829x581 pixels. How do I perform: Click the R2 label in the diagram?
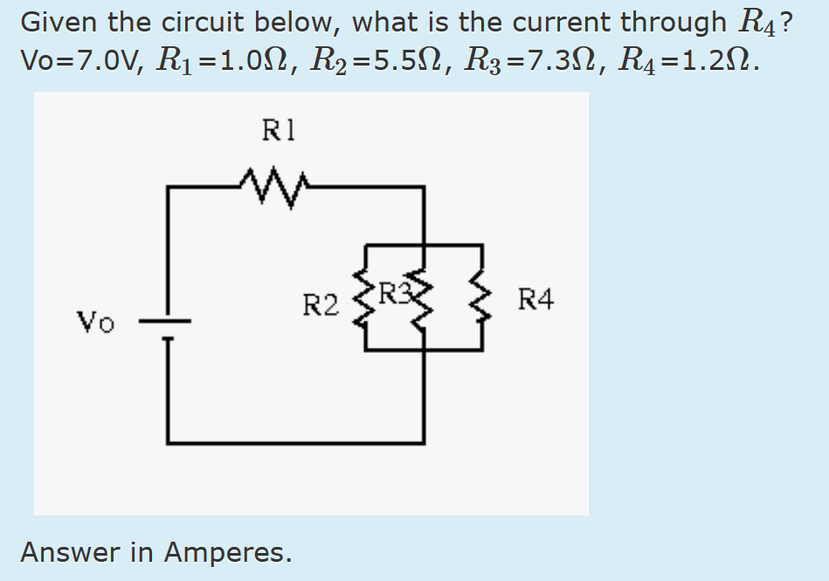(320, 306)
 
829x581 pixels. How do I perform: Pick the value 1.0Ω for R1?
(240, 60)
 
